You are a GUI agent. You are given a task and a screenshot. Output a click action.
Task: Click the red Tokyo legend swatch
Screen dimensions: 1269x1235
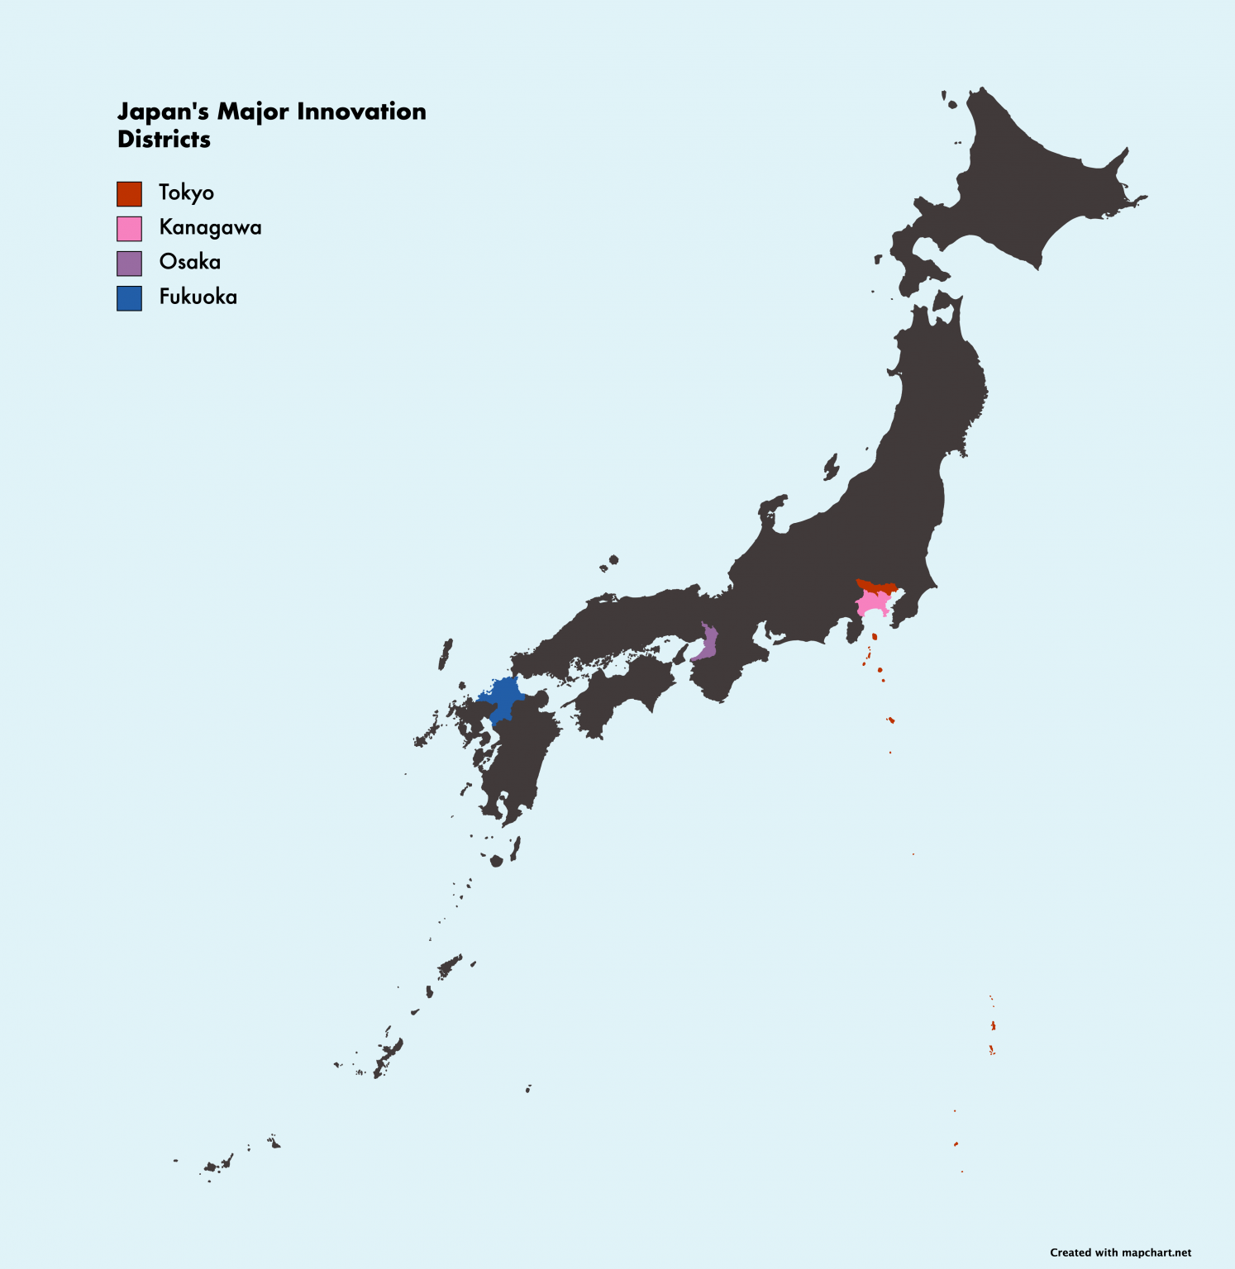tap(129, 194)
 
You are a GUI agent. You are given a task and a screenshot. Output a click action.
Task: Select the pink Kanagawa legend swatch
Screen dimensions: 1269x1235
tap(129, 229)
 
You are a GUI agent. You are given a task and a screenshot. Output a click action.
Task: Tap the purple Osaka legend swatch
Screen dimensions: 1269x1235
tap(129, 264)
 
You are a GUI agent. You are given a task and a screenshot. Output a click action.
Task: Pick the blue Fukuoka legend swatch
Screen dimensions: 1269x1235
tap(129, 298)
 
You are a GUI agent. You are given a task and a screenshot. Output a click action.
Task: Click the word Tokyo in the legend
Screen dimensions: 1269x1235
tap(186, 193)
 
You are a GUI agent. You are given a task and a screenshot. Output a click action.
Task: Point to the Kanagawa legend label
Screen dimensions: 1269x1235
tap(210, 228)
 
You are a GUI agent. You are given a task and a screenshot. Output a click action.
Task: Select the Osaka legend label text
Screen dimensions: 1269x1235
tap(189, 263)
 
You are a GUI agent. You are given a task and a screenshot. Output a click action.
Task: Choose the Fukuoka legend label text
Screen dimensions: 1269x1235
tap(198, 297)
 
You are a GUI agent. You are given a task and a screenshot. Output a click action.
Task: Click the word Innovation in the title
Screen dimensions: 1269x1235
tap(361, 112)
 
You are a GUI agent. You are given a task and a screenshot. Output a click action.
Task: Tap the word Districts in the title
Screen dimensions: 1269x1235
tap(164, 140)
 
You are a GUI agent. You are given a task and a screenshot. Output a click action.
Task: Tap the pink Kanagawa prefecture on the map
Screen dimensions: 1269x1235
tap(872, 603)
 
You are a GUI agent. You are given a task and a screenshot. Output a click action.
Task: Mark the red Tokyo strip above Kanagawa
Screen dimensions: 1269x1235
tap(876, 587)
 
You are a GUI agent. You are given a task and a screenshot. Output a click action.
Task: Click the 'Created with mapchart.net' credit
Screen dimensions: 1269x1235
tap(1120, 1252)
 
